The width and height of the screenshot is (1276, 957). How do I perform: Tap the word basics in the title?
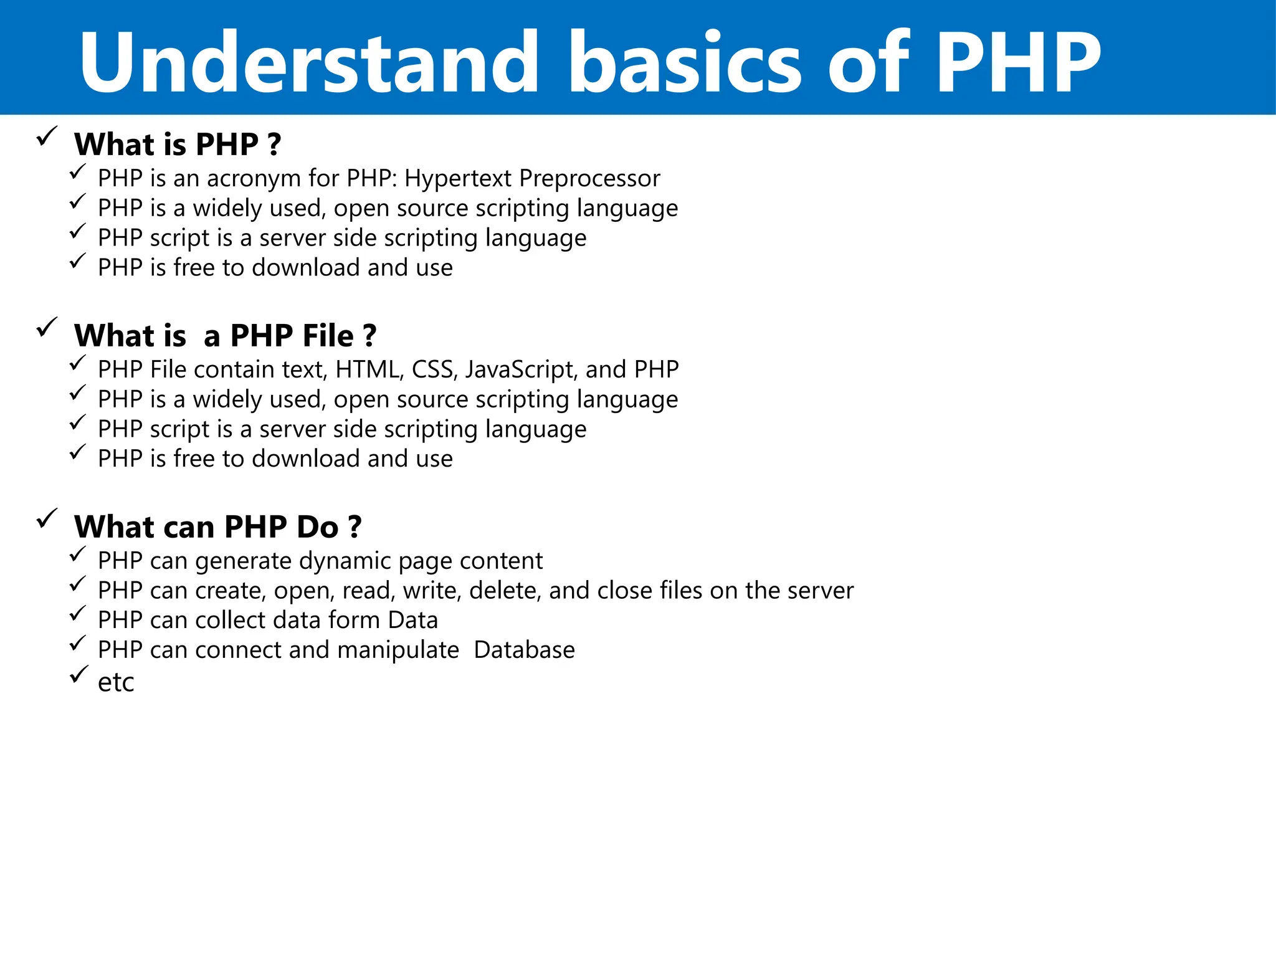685,62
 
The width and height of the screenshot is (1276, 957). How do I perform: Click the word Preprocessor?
589,179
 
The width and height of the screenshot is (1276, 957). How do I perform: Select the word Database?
524,650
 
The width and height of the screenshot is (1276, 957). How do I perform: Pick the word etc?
116,683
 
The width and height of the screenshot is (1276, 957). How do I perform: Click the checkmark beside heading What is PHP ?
47,136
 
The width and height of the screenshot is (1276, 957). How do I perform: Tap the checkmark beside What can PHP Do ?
47,518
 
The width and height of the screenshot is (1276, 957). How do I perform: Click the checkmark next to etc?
78,675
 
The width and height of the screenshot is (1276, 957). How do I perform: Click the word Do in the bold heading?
317,527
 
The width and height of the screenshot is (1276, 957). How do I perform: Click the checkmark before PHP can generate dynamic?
78,554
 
